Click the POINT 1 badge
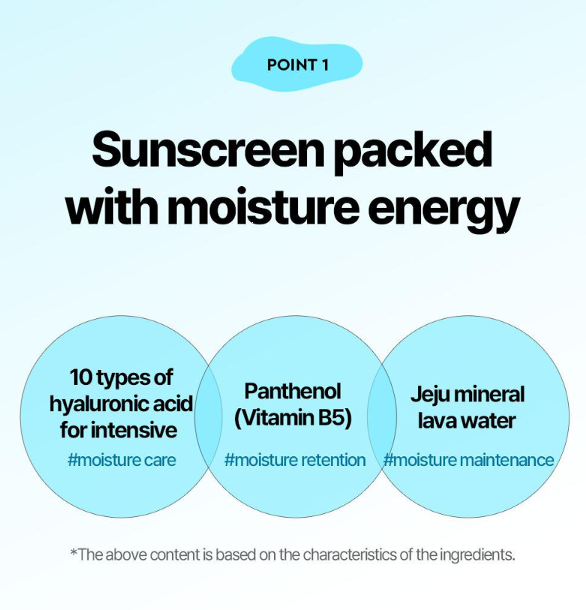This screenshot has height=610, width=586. click(297, 65)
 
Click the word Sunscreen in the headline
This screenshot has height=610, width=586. click(208, 150)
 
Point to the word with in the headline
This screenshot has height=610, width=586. click(112, 205)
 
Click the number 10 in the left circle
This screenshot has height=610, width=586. click(81, 377)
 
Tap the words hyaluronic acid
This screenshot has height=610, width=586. click(121, 404)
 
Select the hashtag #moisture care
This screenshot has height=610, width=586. click(122, 460)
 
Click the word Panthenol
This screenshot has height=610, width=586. click(293, 391)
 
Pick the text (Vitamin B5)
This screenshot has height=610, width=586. click(293, 418)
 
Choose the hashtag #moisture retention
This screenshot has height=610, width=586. click(295, 460)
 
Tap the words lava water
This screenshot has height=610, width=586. click(467, 421)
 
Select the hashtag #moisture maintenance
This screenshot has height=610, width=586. click(468, 460)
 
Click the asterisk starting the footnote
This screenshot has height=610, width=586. click(74, 551)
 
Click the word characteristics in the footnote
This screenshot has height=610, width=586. click(350, 554)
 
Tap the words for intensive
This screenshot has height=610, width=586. click(119, 430)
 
